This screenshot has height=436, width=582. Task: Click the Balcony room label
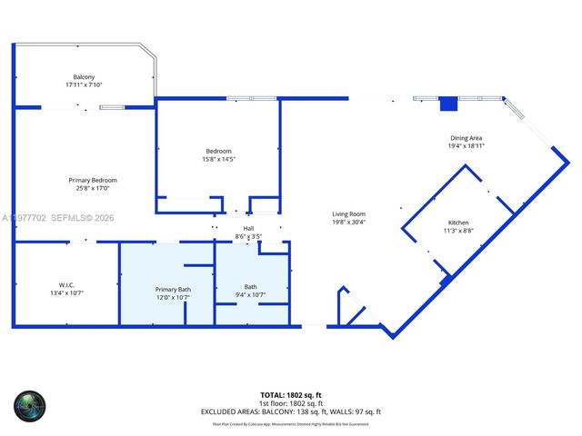[84, 76]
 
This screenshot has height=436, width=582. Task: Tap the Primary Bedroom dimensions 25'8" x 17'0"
[93, 188]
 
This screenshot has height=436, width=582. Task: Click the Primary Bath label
[172, 289]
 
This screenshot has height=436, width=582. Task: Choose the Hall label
[248, 228]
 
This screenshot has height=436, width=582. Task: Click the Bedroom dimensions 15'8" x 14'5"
[218, 159]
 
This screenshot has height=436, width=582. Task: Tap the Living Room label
[347, 213]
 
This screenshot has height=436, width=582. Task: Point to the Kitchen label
[458, 223]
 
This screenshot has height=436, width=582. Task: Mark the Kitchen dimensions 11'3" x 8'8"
[458, 231]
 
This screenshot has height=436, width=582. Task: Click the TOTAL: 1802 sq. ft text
[291, 395]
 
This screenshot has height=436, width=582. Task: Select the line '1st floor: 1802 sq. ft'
[291, 403]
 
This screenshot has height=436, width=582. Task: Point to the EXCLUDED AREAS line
[291, 411]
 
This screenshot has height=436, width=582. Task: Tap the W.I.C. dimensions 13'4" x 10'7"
[66, 293]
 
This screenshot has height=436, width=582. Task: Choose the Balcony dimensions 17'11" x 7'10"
[84, 84]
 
